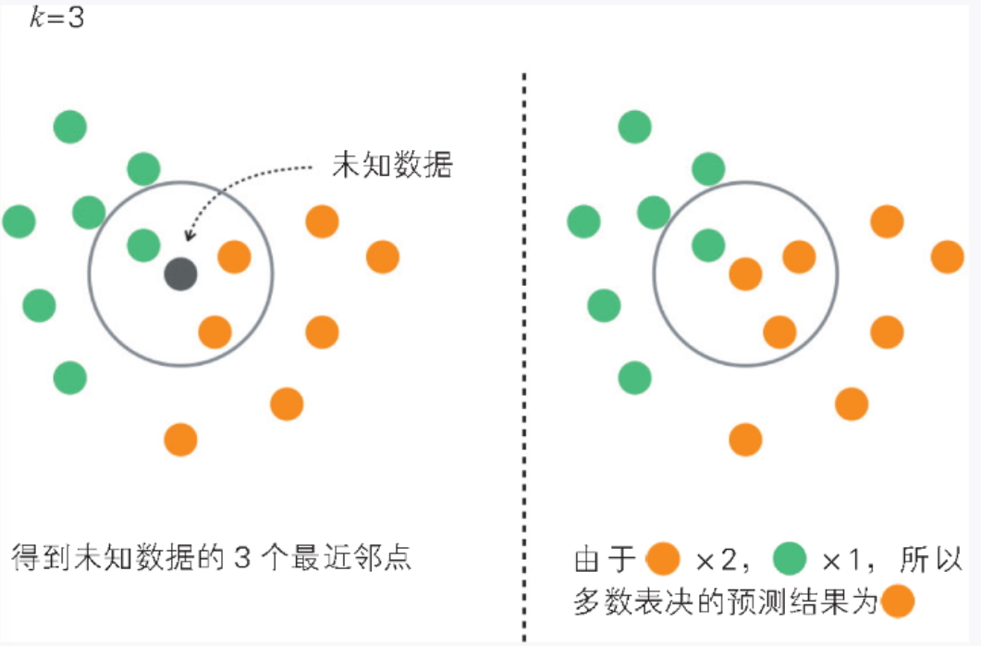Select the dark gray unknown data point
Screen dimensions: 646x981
(180, 273)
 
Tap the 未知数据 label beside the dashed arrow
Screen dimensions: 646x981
(392, 166)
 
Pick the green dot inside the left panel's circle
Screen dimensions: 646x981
(143, 244)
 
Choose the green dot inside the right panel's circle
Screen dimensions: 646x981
(708, 244)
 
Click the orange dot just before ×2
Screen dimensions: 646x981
(664, 559)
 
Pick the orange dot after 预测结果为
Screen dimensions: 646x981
(898, 603)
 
